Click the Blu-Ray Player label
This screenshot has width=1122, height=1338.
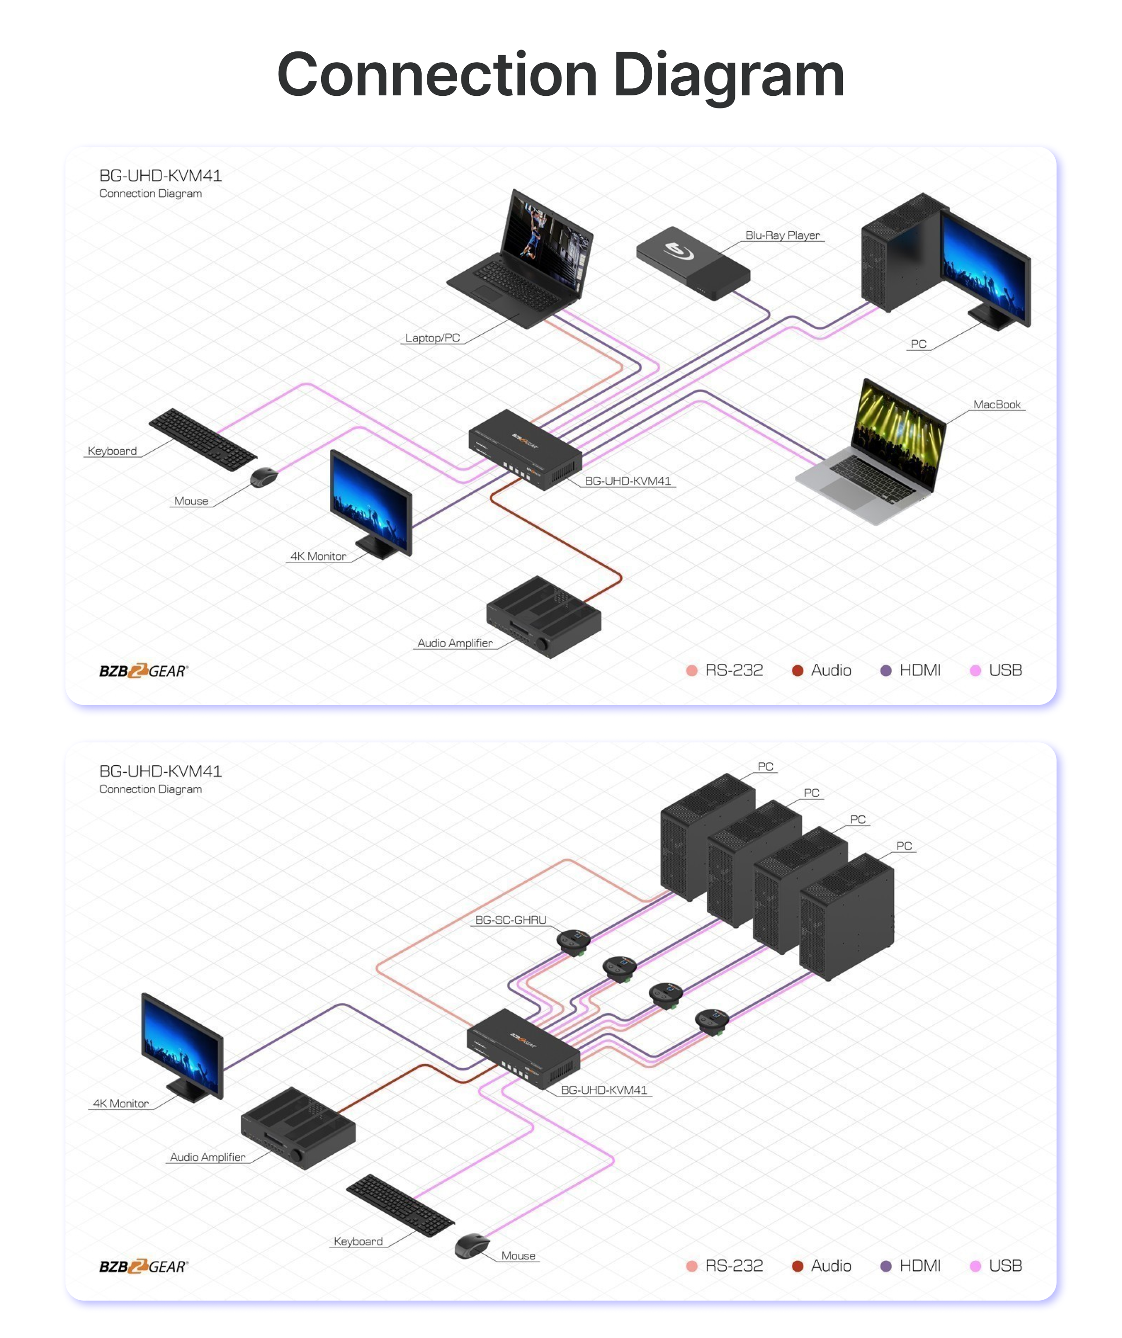point(783,235)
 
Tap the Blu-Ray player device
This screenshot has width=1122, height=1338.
point(693,262)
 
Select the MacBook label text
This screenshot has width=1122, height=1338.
point(997,404)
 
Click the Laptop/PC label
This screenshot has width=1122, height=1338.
point(432,338)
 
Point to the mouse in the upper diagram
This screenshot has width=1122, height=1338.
point(264,476)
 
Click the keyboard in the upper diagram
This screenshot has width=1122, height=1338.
point(202,439)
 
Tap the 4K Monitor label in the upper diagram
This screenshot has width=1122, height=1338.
point(318,556)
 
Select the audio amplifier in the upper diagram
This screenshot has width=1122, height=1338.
point(544,616)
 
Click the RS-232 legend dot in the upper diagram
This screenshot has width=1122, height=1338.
point(692,671)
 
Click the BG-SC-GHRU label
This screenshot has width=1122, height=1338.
point(511,920)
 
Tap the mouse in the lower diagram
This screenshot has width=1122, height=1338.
point(472,1245)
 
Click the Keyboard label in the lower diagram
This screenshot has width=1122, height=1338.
point(358,1241)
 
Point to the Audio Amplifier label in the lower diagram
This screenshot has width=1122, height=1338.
point(207,1157)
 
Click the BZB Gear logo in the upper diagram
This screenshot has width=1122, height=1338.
point(144,671)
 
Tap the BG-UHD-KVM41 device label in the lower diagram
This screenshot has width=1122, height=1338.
point(604,1090)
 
